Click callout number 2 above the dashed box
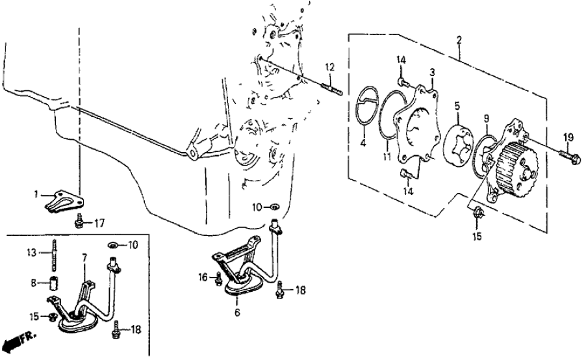(x=459, y=41)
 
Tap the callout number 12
(x=330, y=66)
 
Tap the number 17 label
(x=99, y=223)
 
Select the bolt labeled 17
(x=79, y=220)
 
